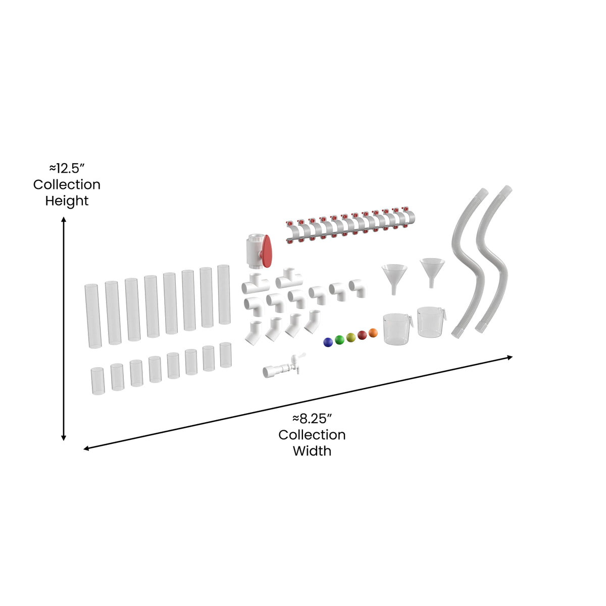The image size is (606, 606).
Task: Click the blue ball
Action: click(x=328, y=342)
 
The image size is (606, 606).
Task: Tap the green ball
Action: click(x=339, y=339)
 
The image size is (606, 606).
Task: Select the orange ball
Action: click(x=373, y=332)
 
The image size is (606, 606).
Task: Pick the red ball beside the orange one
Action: click(x=362, y=335)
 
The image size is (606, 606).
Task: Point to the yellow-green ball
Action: click(x=351, y=337)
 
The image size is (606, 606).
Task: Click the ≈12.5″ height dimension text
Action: click(x=67, y=168)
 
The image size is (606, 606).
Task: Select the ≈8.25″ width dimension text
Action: click(x=312, y=418)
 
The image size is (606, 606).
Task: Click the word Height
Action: click(x=67, y=201)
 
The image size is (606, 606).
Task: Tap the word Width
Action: click(x=312, y=451)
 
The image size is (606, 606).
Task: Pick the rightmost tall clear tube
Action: click(x=224, y=294)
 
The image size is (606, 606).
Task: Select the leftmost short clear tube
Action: click(x=97, y=381)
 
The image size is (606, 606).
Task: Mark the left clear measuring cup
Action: click(x=396, y=329)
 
